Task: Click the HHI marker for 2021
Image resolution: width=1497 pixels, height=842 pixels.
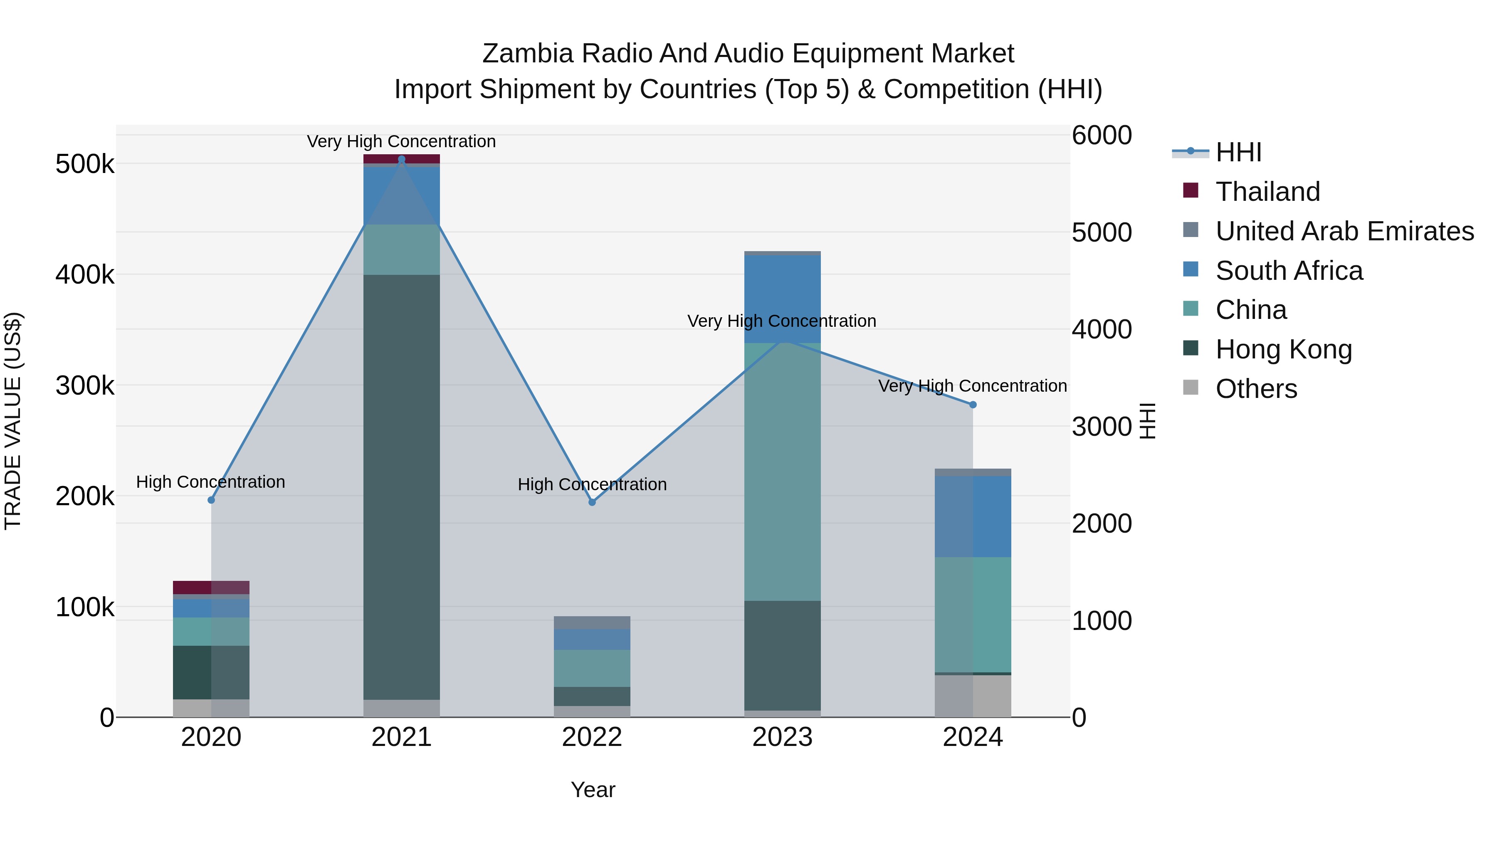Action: click(x=402, y=159)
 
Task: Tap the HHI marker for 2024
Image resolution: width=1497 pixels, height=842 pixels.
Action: click(x=973, y=405)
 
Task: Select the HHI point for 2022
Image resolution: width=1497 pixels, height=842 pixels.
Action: click(x=592, y=502)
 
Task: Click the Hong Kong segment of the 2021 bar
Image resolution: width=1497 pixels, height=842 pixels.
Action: click(x=402, y=487)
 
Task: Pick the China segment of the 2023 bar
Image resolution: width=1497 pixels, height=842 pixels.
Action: click(x=782, y=472)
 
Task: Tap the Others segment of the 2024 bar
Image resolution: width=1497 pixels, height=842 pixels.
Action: click(x=973, y=696)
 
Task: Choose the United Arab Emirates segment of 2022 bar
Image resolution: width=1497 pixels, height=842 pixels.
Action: click(x=592, y=622)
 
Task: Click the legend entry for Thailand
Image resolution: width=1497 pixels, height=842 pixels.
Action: click(x=1267, y=192)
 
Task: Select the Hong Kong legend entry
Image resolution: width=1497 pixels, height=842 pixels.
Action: click(x=1283, y=349)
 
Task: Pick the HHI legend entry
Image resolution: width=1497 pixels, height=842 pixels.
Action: click(x=1238, y=152)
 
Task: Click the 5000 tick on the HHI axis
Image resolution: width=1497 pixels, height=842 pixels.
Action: click(x=1101, y=232)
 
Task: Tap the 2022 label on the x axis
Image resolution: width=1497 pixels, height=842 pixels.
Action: click(x=592, y=737)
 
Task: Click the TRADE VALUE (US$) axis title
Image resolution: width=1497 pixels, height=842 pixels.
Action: click(x=13, y=421)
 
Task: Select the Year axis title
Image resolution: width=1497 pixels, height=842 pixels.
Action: click(x=593, y=790)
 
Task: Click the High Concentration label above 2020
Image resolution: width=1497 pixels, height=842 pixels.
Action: click(x=210, y=482)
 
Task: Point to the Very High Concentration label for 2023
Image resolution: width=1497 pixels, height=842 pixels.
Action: click(x=782, y=321)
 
